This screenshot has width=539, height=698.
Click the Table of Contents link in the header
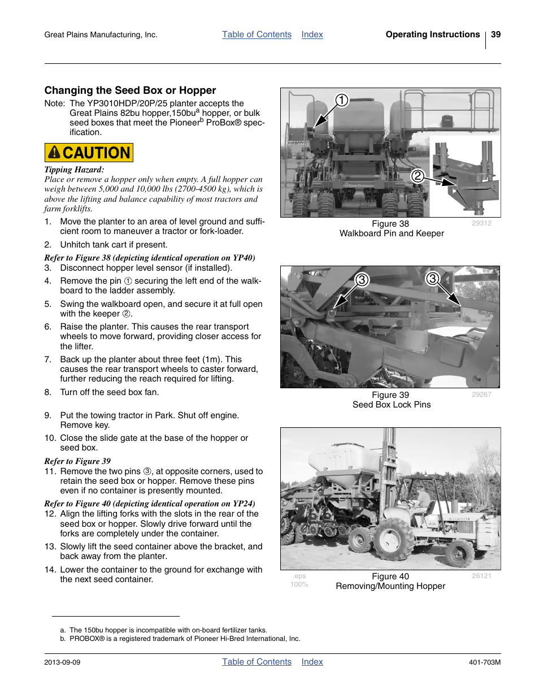pyautogui.click(x=257, y=34)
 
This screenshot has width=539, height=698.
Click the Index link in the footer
pyautogui.click(x=312, y=662)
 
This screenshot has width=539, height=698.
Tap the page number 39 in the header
pyautogui.click(x=495, y=34)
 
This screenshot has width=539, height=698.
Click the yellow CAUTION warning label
pyautogui.click(x=89, y=153)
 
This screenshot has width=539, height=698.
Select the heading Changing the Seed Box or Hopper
pyautogui.click(x=130, y=90)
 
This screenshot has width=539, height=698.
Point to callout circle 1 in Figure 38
pyautogui.click(x=341, y=101)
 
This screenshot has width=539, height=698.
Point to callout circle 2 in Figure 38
pyautogui.click(x=417, y=176)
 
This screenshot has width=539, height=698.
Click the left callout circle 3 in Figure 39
pyautogui.click(x=362, y=280)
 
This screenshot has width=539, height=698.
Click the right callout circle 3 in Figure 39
pyautogui.click(x=432, y=278)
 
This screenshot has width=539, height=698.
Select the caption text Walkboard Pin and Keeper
pyautogui.click(x=391, y=233)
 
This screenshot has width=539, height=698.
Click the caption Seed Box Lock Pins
pyautogui.click(x=391, y=405)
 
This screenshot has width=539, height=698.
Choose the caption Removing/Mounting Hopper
pyautogui.click(x=390, y=586)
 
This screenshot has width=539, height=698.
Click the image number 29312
pyautogui.click(x=481, y=223)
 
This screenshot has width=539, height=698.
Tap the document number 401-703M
pyautogui.click(x=484, y=662)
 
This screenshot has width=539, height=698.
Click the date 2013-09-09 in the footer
pyautogui.click(x=62, y=662)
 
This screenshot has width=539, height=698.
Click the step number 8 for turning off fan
pyautogui.click(x=48, y=392)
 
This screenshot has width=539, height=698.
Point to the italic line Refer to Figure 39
pyautogui.click(x=77, y=461)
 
